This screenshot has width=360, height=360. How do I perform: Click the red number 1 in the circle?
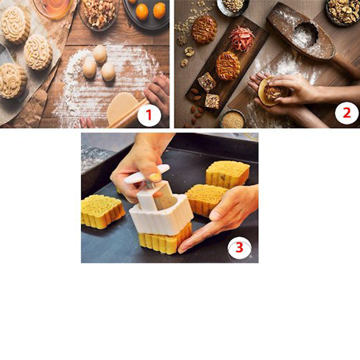click(x=149, y=114)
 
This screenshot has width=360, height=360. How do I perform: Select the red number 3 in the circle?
click(x=239, y=248)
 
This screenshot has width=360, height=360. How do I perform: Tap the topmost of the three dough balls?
click(x=100, y=54)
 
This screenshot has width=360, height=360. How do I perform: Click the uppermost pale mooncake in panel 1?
click(x=16, y=24)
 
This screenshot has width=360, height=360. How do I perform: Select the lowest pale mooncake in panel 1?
click(x=11, y=80)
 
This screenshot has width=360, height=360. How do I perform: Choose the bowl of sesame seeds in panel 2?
click(x=233, y=119)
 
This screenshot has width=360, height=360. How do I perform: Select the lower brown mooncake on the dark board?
click(x=228, y=66)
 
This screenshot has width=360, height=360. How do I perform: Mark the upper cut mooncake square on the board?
click(x=207, y=82)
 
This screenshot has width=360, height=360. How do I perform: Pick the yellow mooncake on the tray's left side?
click(x=102, y=211)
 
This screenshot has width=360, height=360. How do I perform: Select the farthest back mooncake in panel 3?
click(x=228, y=173)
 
